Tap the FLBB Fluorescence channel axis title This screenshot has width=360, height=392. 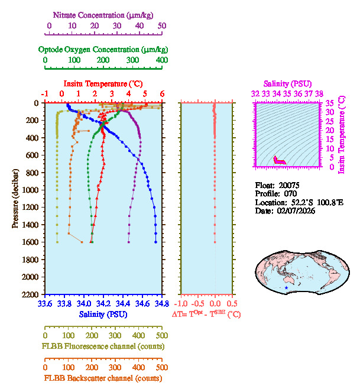click(102, 345)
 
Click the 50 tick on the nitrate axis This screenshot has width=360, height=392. click(161, 26)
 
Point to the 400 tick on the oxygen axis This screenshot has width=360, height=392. click(161, 60)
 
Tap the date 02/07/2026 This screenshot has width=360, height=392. click(296, 210)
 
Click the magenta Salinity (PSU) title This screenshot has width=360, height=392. click(287, 85)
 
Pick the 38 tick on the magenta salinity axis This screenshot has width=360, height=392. click(319, 93)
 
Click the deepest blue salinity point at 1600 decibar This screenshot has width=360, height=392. click(155, 242)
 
